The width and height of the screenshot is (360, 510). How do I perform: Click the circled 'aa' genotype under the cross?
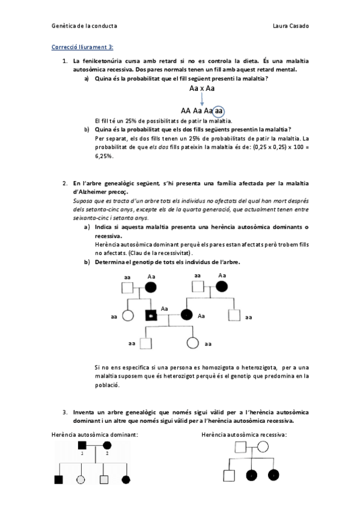[219, 111]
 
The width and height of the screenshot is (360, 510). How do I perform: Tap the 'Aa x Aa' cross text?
[202, 88]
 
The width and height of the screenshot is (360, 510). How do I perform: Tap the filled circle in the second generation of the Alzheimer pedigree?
[188, 315]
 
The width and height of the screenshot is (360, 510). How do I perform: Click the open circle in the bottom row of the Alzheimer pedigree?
[193, 343]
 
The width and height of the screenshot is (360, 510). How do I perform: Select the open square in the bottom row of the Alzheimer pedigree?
[146, 343]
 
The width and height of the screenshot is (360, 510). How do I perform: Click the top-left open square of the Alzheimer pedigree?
[127, 287]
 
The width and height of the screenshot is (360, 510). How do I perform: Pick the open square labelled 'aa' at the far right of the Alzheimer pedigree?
[234, 315]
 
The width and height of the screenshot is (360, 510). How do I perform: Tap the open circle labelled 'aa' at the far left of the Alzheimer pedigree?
[127, 315]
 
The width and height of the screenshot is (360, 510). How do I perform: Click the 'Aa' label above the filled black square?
[165, 307]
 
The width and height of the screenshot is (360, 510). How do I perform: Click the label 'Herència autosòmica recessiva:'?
[244, 434]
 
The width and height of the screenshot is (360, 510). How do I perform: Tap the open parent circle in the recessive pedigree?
[263, 447]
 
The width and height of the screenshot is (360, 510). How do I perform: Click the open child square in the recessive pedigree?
[229, 475]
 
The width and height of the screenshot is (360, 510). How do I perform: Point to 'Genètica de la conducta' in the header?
[85, 26]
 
